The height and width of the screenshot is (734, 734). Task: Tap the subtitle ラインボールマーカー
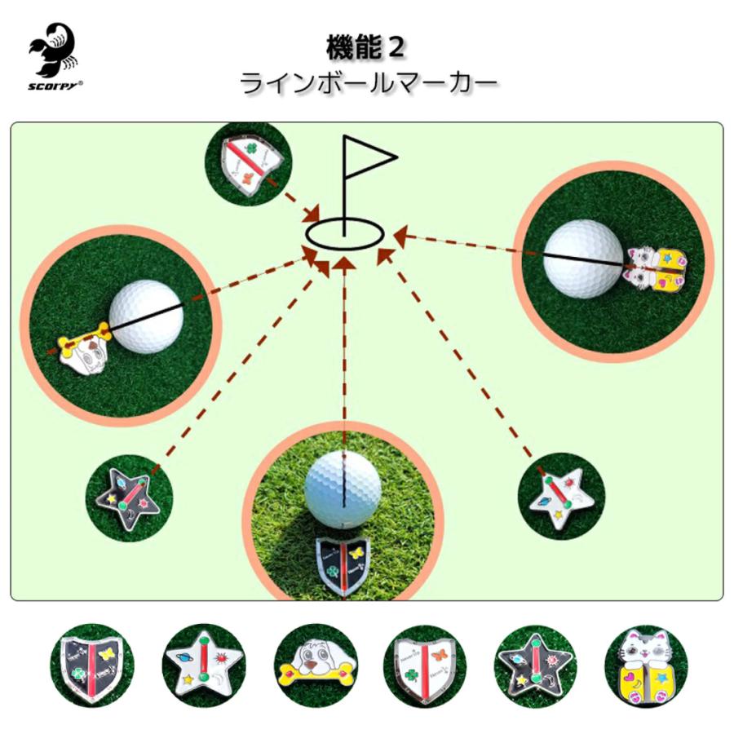click(366, 83)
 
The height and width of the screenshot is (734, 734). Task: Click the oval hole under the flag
click(345, 233)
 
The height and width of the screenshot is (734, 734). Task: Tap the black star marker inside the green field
click(130, 496)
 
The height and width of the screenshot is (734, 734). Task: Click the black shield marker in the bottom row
click(91, 665)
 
